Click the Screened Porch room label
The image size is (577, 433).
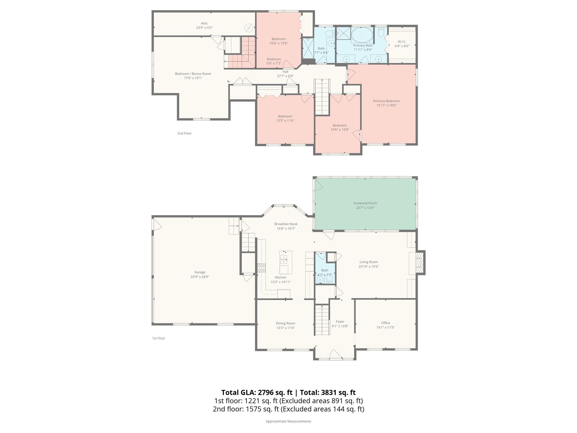(365, 203)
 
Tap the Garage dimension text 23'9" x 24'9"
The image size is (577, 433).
(200, 277)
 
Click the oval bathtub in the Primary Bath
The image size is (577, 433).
(362, 35)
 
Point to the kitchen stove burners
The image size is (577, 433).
(261, 268)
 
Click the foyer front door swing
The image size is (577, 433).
(335, 354)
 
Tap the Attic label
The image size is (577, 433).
(204, 23)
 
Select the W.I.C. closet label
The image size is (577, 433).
(402, 42)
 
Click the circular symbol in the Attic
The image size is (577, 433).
(249, 28)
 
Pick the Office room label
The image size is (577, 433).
(385, 323)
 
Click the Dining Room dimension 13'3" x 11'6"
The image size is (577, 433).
(285, 328)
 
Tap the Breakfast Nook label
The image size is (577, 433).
(286, 224)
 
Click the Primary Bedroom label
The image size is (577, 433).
(386, 101)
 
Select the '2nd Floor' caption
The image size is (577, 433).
(184, 133)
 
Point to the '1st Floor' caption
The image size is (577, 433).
(159, 338)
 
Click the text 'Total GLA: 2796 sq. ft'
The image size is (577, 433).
(257, 392)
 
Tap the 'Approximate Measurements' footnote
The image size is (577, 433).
(288, 421)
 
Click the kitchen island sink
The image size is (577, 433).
(283, 259)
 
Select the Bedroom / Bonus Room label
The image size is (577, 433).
(193, 74)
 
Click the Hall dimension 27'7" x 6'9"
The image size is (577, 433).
(285, 76)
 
